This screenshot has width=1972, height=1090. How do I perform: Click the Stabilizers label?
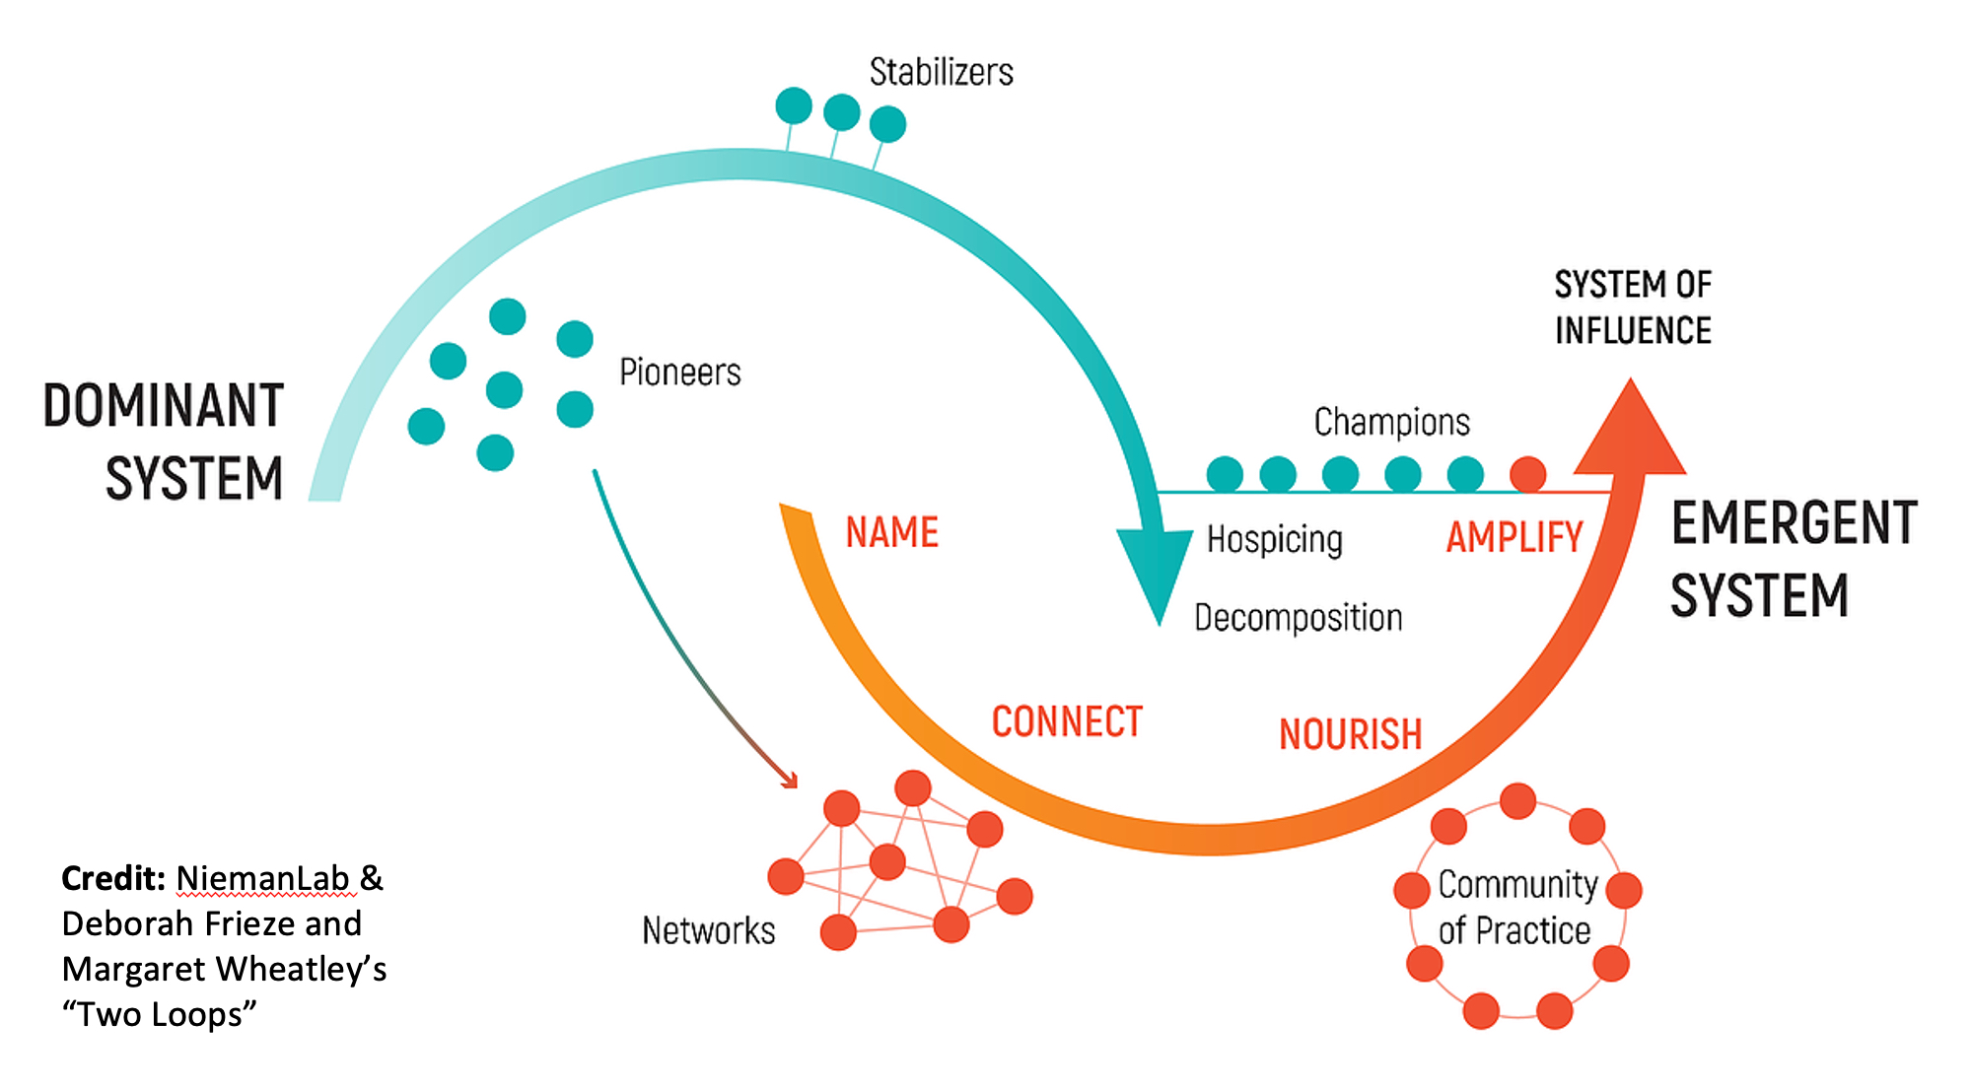(x=941, y=72)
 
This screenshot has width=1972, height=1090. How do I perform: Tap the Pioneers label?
(x=679, y=373)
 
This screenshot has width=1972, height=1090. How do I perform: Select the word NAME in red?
(x=891, y=533)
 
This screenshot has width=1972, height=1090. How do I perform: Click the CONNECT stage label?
(x=1067, y=721)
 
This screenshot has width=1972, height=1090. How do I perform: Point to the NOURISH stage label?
(x=1350, y=734)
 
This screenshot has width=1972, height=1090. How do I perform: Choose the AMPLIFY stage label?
(x=1514, y=538)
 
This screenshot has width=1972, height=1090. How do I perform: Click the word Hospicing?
(x=1274, y=539)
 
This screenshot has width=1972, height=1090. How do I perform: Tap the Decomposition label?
(x=1298, y=618)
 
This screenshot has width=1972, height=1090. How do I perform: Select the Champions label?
(x=1391, y=422)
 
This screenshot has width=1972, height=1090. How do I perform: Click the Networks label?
(x=708, y=930)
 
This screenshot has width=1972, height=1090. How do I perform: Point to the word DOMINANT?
(x=164, y=406)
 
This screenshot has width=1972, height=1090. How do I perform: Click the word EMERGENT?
(x=1794, y=522)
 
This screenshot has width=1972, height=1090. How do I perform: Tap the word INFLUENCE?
(x=1633, y=331)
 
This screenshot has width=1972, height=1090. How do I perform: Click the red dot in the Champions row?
(x=1527, y=474)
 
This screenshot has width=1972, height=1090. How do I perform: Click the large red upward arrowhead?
(x=1630, y=434)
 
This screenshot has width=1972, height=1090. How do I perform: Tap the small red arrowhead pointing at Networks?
(x=789, y=781)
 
